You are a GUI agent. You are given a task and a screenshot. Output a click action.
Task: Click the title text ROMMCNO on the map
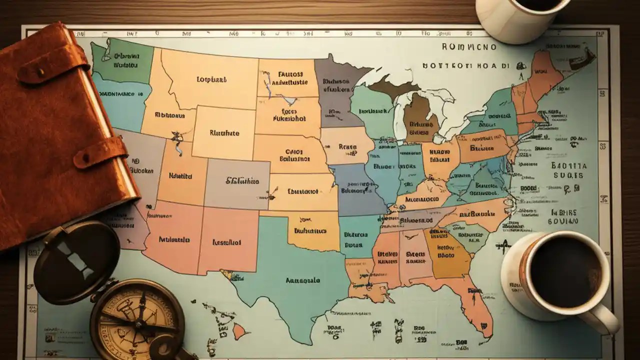[x=469, y=47]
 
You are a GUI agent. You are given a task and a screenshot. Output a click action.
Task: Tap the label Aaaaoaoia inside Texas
[x=302, y=280]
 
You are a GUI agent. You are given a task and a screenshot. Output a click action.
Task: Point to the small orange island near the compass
[x=240, y=330]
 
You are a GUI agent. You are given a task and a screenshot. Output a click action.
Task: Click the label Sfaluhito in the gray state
[x=242, y=181]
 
